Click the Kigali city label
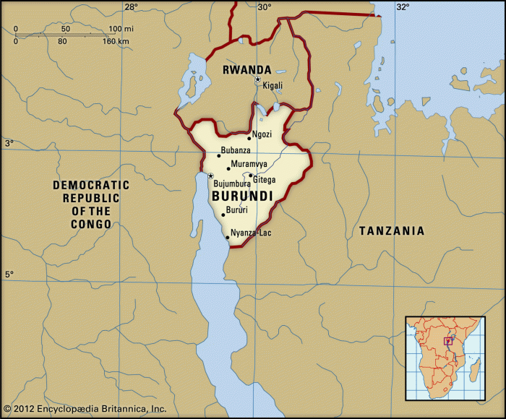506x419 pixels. click(273, 85)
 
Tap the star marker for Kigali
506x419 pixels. click(257, 79)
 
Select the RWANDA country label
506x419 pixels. click(246, 70)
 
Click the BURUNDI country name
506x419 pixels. click(241, 196)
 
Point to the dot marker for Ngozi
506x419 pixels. click(249, 138)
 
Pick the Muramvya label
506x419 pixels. click(249, 164)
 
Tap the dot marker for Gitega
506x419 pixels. click(250, 176)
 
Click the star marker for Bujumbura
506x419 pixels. click(210, 176)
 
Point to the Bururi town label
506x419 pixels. click(237, 210)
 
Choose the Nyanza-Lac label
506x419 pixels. click(251, 233)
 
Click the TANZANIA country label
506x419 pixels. click(392, 231)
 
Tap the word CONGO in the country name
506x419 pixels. click(91, 224)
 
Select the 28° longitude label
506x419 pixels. click(130, 7)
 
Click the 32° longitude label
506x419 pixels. click(402, 7)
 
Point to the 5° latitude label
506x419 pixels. click(9, 275)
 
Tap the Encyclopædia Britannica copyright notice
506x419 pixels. click(85, 409)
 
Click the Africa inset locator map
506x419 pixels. click(445, 358)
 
